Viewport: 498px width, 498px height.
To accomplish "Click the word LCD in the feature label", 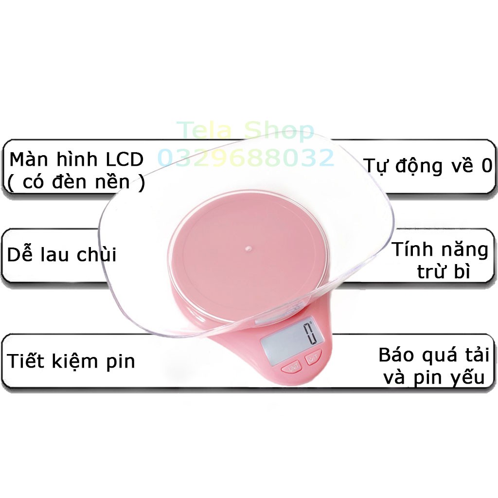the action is point(124,159).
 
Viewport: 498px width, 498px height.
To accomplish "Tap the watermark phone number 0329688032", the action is point(246,158).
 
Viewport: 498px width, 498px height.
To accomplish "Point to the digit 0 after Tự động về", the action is point(486,166).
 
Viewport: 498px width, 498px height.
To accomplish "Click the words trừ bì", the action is point(443,272).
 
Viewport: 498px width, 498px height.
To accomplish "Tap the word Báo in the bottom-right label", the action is point(397,355).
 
